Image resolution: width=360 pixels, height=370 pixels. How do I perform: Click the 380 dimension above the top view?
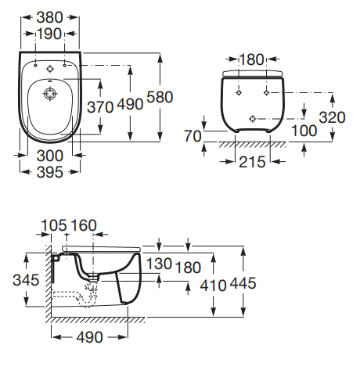click(x=49, y=17)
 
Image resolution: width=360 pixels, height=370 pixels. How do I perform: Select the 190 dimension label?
click(x=49, y=34)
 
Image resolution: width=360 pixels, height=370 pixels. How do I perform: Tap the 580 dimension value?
click(x=160, y=97)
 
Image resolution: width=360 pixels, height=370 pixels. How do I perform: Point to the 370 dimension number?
click(x=100, y=107)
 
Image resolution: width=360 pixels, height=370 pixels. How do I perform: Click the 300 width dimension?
click(x=50, y=156)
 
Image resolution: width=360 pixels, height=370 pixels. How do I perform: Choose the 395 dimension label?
click(x=50, y=172)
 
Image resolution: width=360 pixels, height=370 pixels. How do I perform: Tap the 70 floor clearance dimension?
click(x=193, y=136)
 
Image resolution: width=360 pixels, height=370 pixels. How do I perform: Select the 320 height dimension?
click(x=332, y=117)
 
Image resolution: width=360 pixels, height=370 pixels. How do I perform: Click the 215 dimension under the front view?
click(x=252, y=162)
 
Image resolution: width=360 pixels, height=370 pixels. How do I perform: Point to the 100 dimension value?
click(x=304, y=131)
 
